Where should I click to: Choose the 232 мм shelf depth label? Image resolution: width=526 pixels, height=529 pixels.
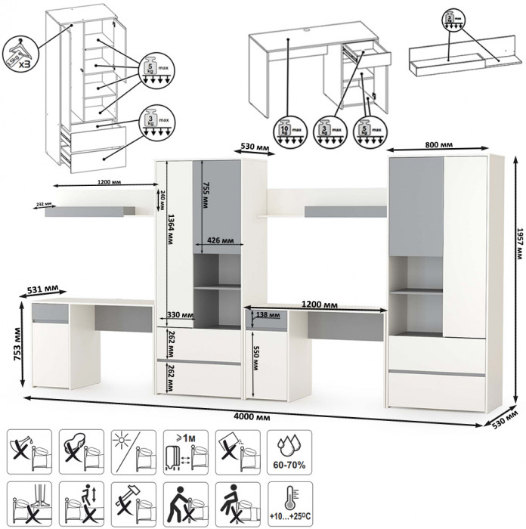[44, 204]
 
